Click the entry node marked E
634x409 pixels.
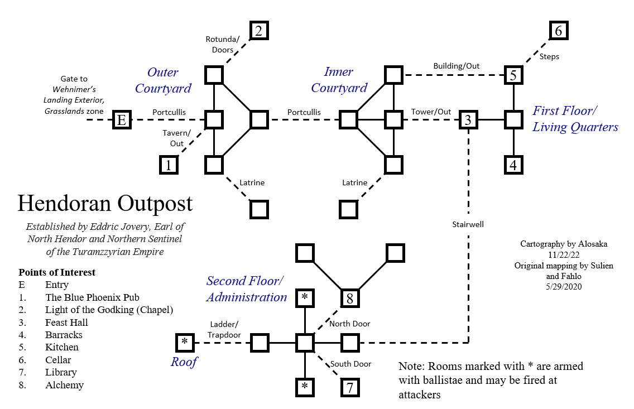122,120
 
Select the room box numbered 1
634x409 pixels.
169,165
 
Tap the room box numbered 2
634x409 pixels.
259,31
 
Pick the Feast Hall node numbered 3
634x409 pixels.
468,120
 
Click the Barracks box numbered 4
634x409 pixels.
513,165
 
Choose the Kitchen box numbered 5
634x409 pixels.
513,74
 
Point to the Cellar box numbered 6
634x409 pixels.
559,31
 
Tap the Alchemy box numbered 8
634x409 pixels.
350,298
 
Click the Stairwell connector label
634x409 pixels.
468,225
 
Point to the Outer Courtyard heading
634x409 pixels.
163,80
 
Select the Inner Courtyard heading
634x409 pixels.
339,80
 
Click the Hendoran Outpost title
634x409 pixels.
105,203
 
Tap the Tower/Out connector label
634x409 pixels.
431,112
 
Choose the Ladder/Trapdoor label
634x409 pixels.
225,329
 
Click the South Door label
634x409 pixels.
350,364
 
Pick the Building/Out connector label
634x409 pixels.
457,66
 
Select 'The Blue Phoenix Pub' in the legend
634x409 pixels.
92,297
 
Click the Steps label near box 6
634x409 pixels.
549,56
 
